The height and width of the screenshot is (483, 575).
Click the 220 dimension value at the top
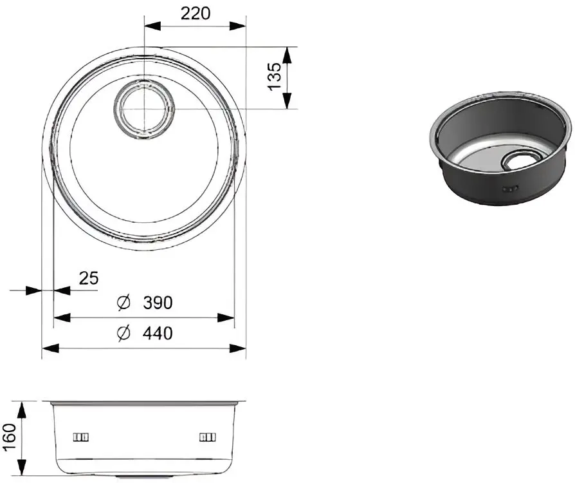[x=196, y=14]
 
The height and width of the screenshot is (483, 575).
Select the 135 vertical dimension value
[x=275, y=76]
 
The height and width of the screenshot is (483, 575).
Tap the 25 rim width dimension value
[x=89, y=278]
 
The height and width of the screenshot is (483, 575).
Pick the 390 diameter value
[x=158, y=303]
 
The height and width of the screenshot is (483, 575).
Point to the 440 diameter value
[x=158, y=334]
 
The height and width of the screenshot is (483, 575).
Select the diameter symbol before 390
[x=125, y=303]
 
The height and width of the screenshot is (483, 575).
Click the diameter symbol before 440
[x=125, y=334]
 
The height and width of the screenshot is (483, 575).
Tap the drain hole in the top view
[x=144, y=108]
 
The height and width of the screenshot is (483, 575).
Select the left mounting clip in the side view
[x=81, y=437]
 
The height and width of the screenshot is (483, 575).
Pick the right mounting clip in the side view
[x=207, y=437]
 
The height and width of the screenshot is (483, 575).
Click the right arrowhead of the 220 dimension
[x=239, y=26]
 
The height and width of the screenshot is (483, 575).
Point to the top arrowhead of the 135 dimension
[x=287, y=55]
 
